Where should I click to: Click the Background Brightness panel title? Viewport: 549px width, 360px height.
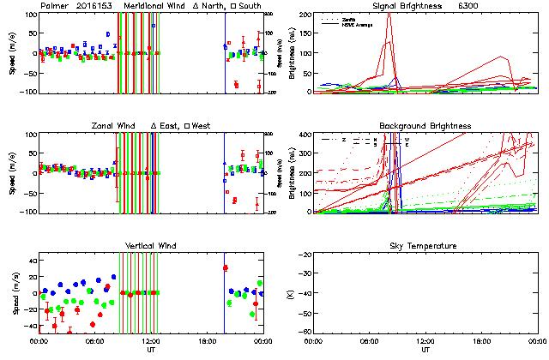pyautogui.click(x=426, y=126)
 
